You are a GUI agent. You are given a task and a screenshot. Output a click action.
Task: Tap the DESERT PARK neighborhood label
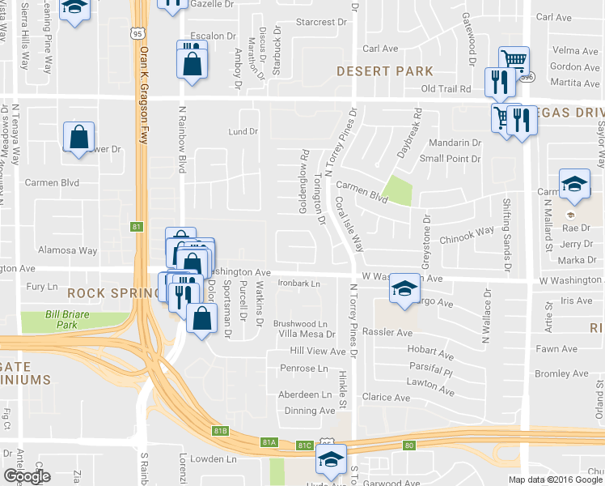coord(385,71)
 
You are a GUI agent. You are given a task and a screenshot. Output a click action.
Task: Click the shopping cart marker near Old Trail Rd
coord(514,60)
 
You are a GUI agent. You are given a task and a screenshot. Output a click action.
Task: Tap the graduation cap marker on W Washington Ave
coord(404,290)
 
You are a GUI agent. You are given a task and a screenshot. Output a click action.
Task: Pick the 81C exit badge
coord(304,445)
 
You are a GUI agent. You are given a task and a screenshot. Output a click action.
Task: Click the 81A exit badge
coord(269,441)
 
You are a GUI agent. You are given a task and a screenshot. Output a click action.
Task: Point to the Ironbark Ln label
coord(299,283)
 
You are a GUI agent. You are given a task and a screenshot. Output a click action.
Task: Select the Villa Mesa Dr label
coord(307,334)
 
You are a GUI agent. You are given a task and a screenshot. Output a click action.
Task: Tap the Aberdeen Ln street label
coord(305,394)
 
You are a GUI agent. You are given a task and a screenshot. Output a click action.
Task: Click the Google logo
coord(27,476)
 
